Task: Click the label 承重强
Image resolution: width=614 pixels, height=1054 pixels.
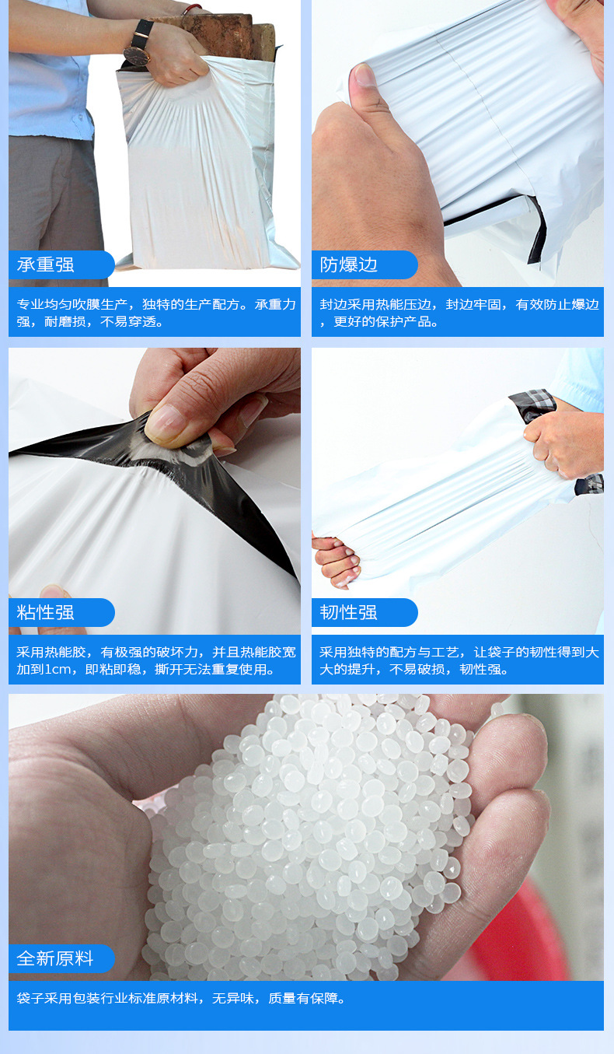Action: (x=46, y=264)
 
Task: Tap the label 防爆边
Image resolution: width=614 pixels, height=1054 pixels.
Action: (x=349, y=264)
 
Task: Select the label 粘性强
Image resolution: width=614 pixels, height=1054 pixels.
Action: (x=46, y=612)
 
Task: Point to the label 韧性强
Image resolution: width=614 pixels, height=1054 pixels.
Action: (x=349, y=612)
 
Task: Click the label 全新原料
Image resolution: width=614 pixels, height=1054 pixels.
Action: (x=55, y=958)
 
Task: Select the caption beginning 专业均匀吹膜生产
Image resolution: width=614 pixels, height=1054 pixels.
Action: (x=155, y=313)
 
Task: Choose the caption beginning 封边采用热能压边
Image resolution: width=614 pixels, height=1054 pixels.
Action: (x=459, y=313)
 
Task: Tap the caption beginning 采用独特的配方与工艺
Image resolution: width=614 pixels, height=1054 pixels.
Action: (x=459, y=660)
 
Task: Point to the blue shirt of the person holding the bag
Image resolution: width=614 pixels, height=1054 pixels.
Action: (x=47, y=78)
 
